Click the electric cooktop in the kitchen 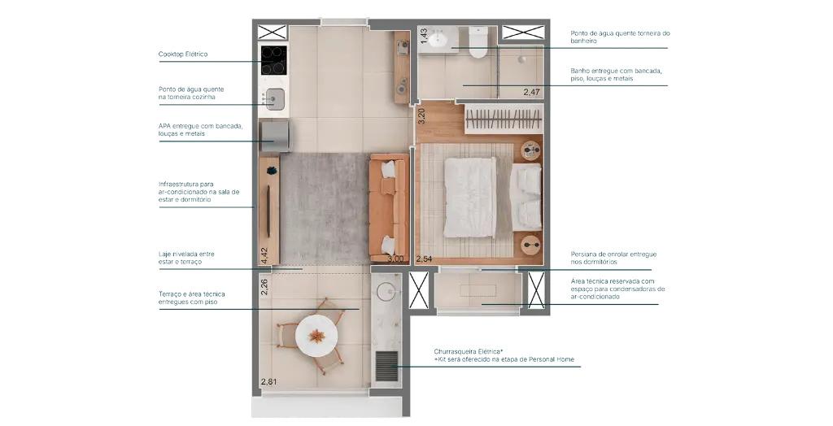click(273, 60)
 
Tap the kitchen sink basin click(275, 98)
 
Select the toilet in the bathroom click(478, 41)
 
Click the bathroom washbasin click(440, 40)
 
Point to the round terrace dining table click(316, 336)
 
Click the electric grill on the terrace click(386, 366)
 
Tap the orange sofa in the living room click(389, 207)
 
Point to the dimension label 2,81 click(268, 380)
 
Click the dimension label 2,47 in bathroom click(531, 92)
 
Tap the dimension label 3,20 click(421, 115)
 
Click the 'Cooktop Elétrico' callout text click(183, 54)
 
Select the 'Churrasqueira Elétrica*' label click(468, 352)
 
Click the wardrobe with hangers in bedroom click(503, 120)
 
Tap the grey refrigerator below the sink click(274, 137)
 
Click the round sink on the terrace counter click(386, 289)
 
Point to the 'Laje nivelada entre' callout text click(186, 254)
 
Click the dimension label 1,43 click(424, 35)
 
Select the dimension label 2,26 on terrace click(264, 287)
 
